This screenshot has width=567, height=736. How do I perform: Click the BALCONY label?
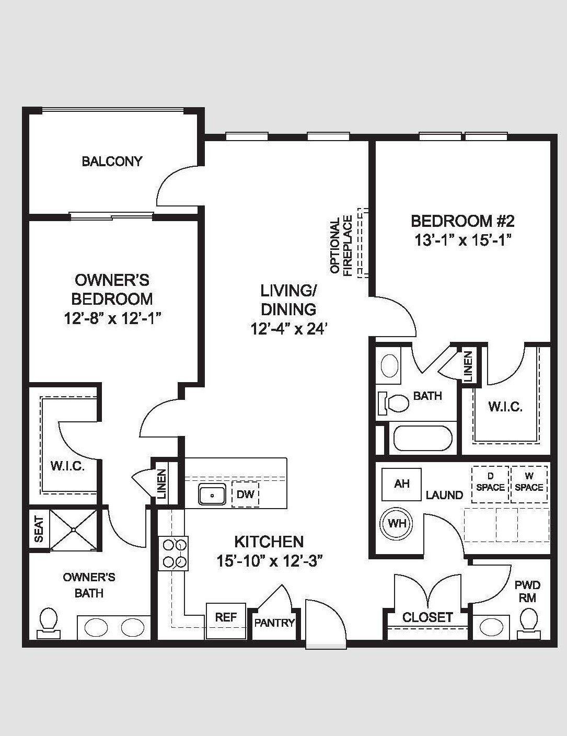click(x=112, y=161)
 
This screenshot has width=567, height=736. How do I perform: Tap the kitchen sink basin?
click(x=212, y=495)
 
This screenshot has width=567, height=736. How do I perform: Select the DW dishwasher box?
click(x=246, y=494)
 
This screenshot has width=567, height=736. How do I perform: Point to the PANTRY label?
click(x=274, y=623)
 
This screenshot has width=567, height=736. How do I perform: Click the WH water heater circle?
click(x=397, y=524)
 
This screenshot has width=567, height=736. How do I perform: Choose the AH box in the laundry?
click(x=401, y=484)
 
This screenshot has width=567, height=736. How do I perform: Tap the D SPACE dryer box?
click(x=491, y=485)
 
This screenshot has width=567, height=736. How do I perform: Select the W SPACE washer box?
click(x=529, y=485)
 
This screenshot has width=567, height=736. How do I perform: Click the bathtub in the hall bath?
click(x=421, y=438)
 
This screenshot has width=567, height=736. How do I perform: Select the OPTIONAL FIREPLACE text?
click(x=341, y=245)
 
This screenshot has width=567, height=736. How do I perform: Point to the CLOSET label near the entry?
click(x=427, y=617)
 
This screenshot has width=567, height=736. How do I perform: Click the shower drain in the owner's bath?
click(x=74, y=530)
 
